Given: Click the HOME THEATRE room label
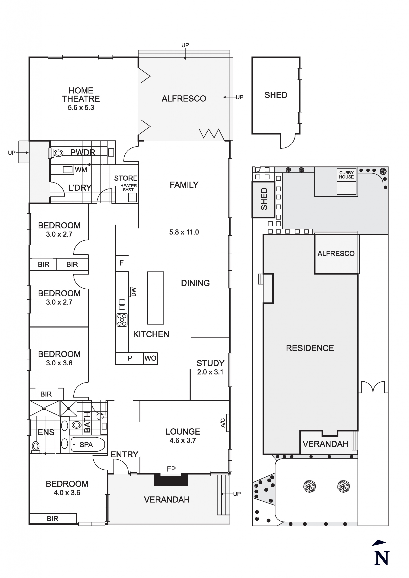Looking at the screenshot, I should pyautogui.click(x=81, y=95).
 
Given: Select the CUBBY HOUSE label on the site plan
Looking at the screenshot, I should pyautogui.click(x=346, y=175).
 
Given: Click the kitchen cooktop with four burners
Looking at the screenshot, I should pyautogui.click(x=122, y=320).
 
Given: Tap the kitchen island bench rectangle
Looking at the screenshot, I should pyautogui.click(x=155, y=298).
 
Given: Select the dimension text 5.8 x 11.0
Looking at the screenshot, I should pyautogui.click(x=184, y=232).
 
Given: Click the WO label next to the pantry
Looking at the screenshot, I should pyautogui.click(x=150, y=358).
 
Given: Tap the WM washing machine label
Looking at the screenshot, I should pyautogui.click(x=81, y=170).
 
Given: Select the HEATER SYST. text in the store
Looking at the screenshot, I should pyautogui.click(x=128, y=188).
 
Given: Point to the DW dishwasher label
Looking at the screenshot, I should pyautogui.click(x=133, y=292).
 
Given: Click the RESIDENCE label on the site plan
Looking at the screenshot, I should pyautogui.click(x=310, y=348).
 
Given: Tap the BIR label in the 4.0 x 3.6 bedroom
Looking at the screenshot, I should pyautogui.click(x=52, y=519).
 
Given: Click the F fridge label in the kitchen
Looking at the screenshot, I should pyautogui.click(x=121, y=263).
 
